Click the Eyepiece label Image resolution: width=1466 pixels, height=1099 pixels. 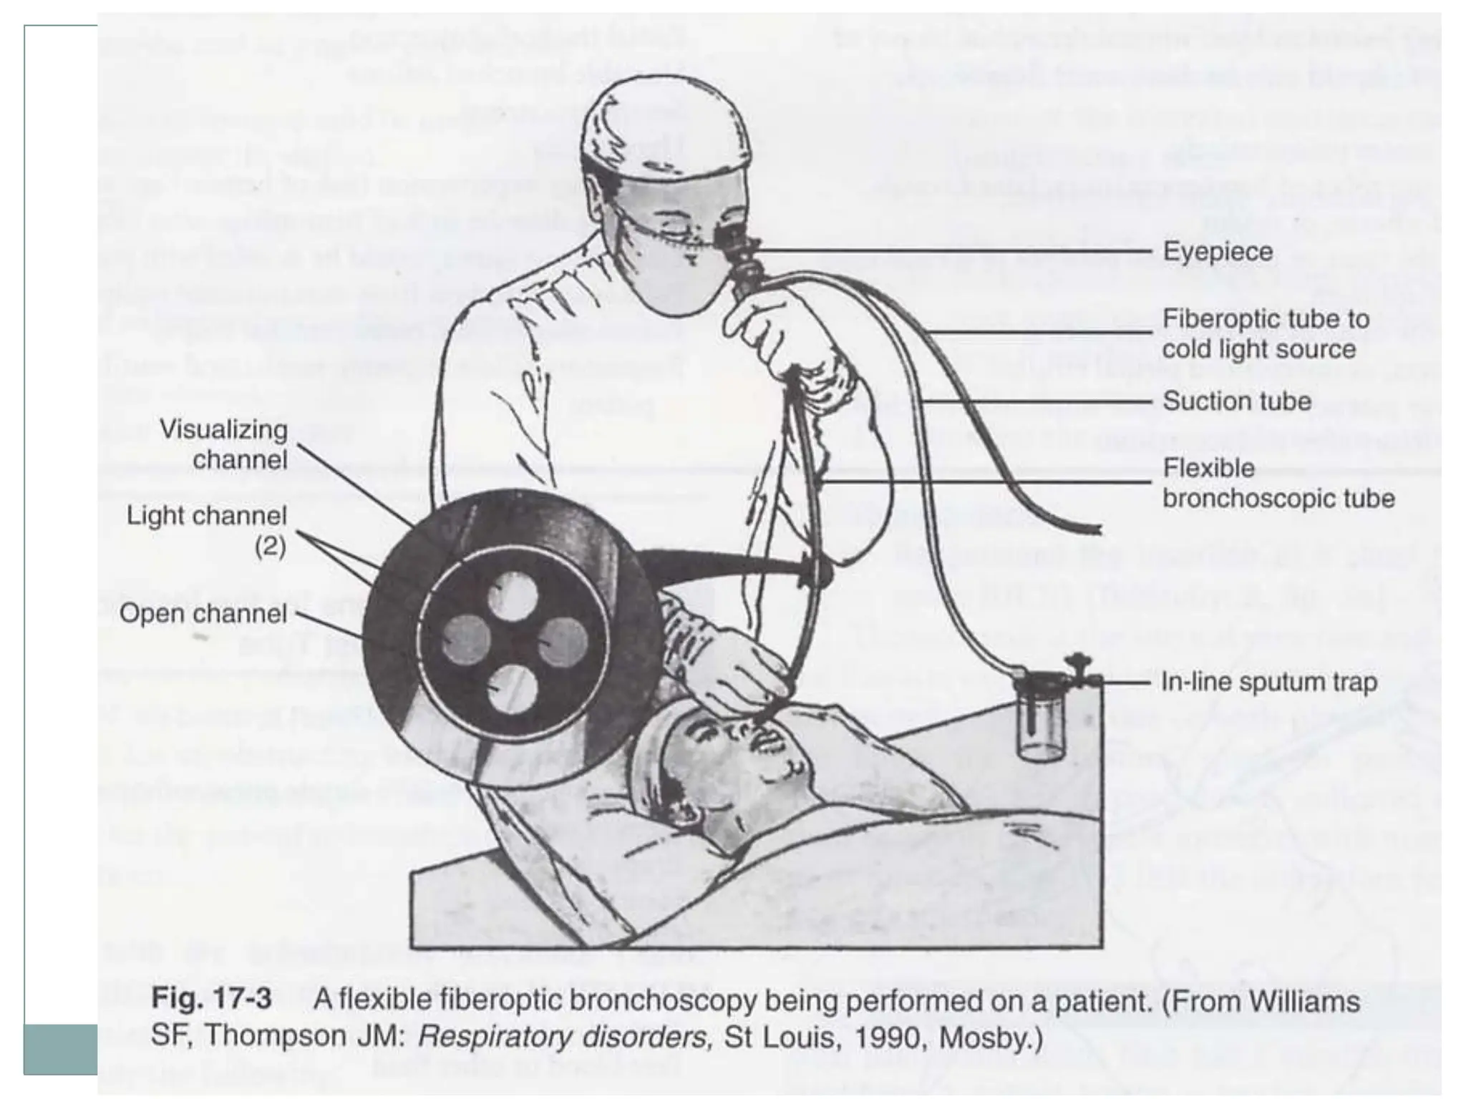pyautogui.click(x=1218, y=252)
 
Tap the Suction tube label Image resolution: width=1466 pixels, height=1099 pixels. pyautogui.click(x=1236, y=401)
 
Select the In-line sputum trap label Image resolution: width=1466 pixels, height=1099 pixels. pyautogui.click(x=1268, y=683)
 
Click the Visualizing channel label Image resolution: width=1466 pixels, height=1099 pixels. pyautogui.click(x=224, y=444)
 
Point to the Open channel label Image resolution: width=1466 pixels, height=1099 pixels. pyautogui.click(x=203, y=614)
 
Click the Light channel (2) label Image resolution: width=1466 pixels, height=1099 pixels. pyautogui.click(x=208, y=530)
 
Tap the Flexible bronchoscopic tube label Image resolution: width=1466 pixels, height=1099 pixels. pyautogui.click(x=1278, y=484)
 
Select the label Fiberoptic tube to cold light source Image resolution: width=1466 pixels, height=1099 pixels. pyautogui.click(x=1265, y=334)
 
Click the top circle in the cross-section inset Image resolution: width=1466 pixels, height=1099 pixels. pyautogui.click(x=513, y=595)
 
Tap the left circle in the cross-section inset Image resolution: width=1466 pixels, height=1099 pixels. pyautogui.click(x=466, y=639)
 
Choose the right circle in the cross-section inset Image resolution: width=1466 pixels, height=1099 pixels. pyautogui.click(x=563, y=641)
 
